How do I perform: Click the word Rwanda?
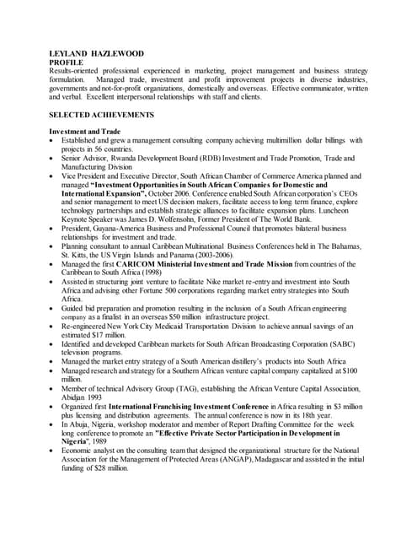[x=129, y=158]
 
